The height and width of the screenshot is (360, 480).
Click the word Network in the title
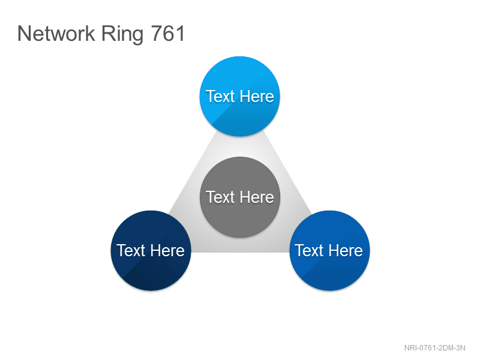[x=56, y=34]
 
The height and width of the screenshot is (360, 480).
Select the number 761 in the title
[x=168, y=34]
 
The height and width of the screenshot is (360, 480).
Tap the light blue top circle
[x=239, y=96]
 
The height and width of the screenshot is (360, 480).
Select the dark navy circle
[x=151, y=250]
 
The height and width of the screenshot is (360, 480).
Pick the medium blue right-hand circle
[x=329, y=250]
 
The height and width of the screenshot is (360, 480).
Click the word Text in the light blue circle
[x=220, y=96]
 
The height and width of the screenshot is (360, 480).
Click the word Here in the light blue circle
[x=257, y=96]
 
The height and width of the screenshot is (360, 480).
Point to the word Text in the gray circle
[x=220, y=197]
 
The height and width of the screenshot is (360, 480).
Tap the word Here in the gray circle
[x=257, y=197]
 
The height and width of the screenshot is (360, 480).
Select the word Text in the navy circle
[x=131, y=250]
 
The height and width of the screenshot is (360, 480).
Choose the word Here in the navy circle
[x=167, y=250]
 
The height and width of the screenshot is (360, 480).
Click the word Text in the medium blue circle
[x=309, y=250]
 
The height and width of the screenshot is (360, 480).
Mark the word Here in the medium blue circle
[x=346, y=250]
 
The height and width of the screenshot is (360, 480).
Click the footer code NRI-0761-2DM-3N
[x=434, y=348]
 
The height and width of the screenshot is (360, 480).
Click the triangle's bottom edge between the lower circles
[x=241, y=252]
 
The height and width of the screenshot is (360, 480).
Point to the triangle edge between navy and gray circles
[x=193, y=172]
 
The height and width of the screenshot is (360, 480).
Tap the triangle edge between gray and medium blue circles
[x=287, y=172]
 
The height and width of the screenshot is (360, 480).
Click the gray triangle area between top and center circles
[x=239, y=146]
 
